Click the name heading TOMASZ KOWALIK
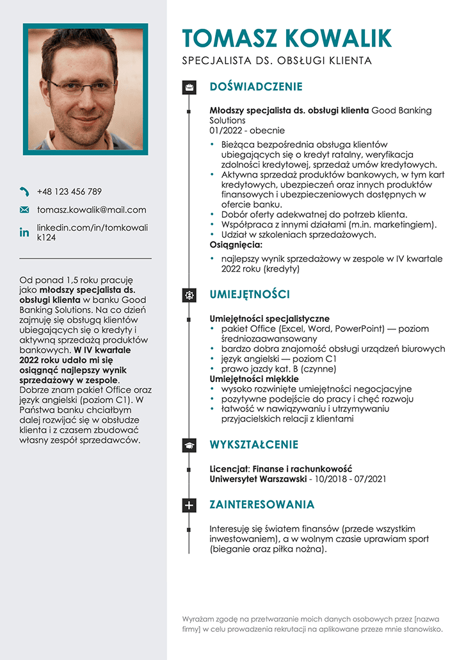[x=287, y=38]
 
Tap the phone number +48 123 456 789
[x=69, y=192]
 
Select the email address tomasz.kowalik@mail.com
[x=92, y=210]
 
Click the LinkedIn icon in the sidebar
[x=24, y=233]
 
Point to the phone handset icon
[x=24, y=192]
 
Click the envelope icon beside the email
[x=24, y=210]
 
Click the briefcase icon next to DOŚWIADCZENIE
[x=189, y=87]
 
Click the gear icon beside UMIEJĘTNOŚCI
[x=189, y=295]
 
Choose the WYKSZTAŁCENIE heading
[x=254, y=445]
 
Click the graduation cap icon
[x=189, y=445]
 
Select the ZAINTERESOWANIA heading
[x=262, y=505]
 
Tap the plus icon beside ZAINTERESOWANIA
[x=189, y=505]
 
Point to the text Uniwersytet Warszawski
[x=258, y=479]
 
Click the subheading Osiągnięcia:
[x=236, y=244]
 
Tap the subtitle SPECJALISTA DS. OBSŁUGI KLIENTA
[x=277, y=62]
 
